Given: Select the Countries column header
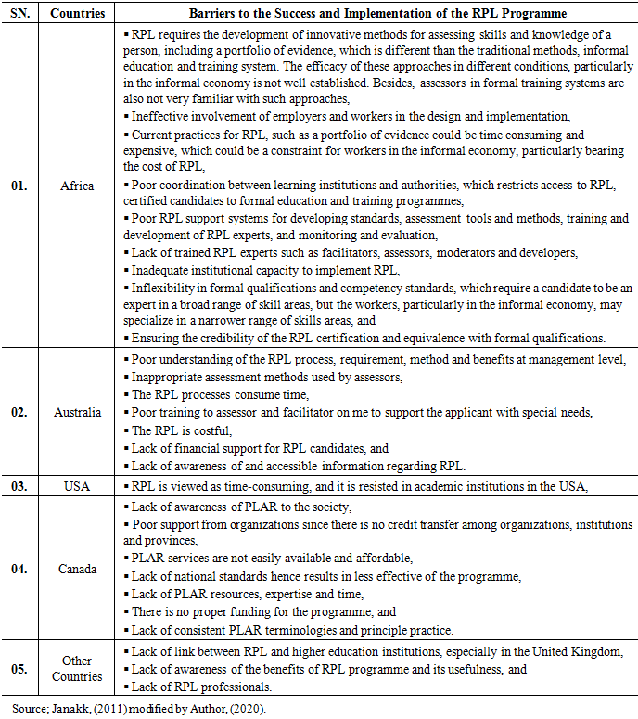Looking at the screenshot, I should (x=77, y=14).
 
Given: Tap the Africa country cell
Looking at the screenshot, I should (x=77, y=186).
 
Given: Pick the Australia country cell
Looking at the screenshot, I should (x=77, y=412).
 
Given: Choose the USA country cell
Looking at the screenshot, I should (x=77, y=485).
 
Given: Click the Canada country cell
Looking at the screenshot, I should (x=77, y=569).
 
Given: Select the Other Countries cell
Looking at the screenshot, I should (x=77, y=669).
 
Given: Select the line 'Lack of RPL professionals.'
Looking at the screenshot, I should (x=206, y=687).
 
